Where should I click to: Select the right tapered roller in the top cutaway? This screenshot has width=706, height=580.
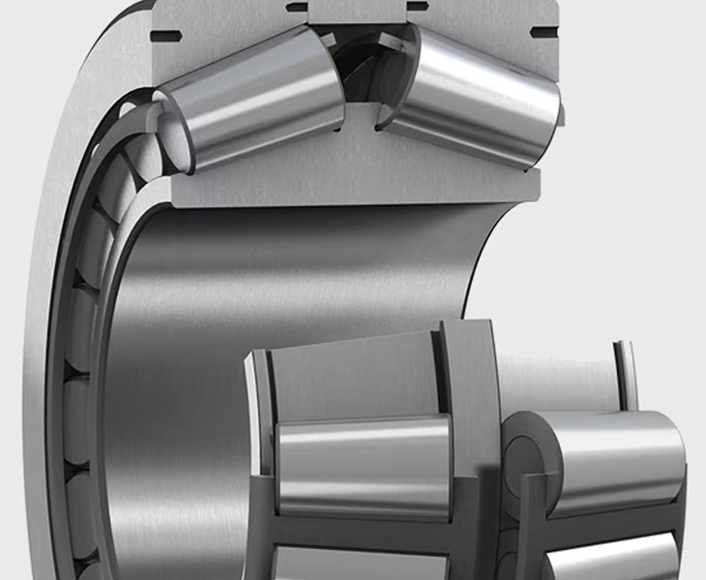474,97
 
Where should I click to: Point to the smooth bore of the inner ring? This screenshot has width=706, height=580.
290,290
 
